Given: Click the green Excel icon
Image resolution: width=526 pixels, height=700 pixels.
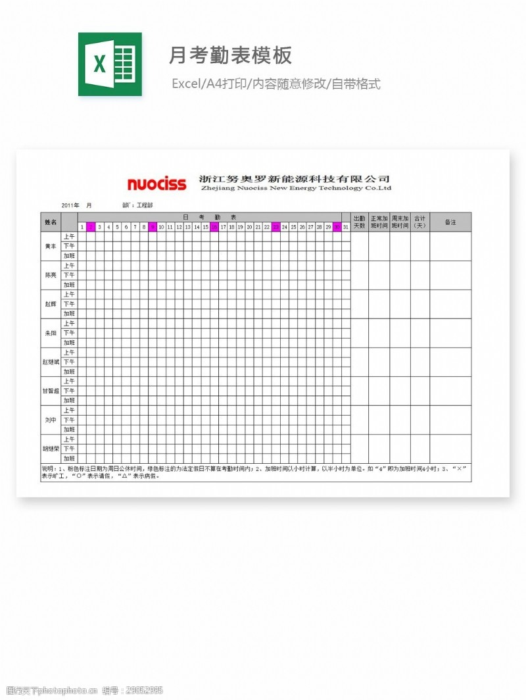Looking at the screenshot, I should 110,64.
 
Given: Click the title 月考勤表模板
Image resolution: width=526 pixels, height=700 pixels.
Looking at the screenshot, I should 230,55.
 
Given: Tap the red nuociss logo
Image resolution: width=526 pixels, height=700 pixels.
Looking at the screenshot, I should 156,184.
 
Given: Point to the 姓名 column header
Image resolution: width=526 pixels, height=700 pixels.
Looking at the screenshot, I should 51,222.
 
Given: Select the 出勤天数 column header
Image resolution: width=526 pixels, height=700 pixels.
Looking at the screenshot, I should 359,222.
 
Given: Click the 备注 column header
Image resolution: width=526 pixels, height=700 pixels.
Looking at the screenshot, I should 450,222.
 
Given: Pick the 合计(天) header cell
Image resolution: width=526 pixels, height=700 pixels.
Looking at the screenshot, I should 420,222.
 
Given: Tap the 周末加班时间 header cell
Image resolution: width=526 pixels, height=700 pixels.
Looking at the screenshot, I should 400,222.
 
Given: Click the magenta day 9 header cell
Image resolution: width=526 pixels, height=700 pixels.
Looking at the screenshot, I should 153,227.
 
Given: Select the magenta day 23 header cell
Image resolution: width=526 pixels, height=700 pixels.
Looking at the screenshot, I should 276,227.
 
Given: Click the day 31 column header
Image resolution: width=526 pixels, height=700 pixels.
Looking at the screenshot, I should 346,227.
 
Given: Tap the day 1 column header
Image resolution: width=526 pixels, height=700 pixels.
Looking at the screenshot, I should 82,227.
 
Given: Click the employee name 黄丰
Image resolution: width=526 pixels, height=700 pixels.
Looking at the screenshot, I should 51,246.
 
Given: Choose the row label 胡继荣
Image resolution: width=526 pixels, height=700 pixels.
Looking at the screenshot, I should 51,449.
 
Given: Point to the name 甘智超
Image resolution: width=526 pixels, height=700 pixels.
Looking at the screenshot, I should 51,391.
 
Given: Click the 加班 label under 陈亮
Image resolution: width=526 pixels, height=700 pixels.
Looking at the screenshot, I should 69,285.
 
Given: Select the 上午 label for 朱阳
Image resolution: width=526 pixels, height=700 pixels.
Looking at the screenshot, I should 69,324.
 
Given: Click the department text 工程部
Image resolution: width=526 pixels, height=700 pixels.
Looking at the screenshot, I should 145,205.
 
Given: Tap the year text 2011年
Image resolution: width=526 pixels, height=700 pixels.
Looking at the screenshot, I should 70,205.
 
